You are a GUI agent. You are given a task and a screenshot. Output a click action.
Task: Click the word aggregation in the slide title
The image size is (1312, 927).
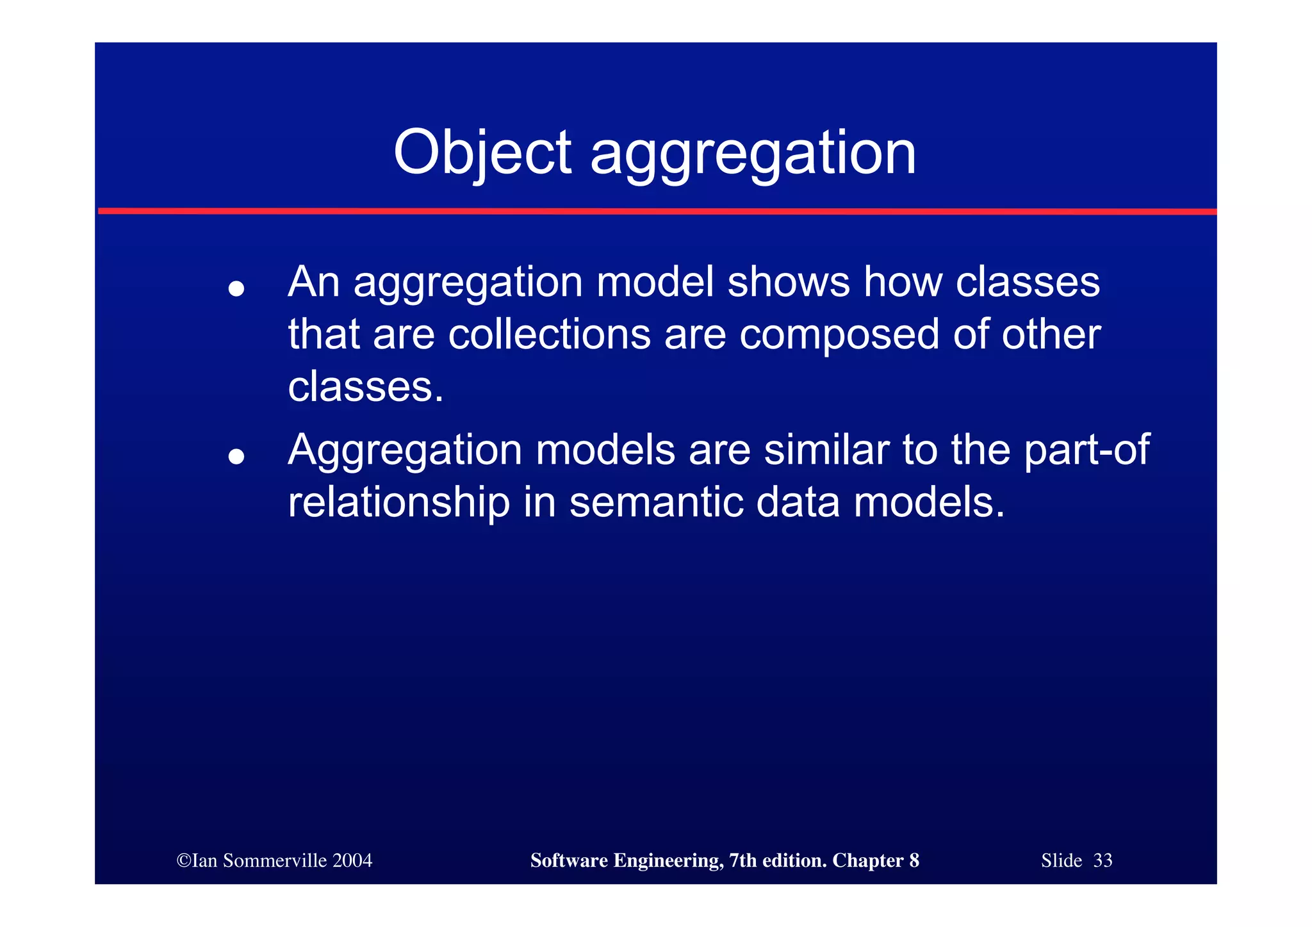click(x=753, y=154)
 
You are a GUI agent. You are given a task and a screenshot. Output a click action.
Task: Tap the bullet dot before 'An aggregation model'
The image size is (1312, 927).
click(x=236, y=289)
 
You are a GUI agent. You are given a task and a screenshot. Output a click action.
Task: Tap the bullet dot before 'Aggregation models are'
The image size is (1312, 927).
click(x=236, y=456)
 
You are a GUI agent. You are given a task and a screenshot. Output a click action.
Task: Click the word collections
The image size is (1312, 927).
click(x=549, y=334)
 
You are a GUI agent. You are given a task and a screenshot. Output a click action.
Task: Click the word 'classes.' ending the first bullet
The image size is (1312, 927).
click(x=366, y=387)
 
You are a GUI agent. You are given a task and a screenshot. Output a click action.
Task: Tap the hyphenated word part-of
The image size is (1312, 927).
click(x=1086, y=450)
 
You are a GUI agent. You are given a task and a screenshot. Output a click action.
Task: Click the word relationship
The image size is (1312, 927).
click(x=398, y=502)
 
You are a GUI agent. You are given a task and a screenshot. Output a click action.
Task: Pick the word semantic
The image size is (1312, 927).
click(x=656, y=502)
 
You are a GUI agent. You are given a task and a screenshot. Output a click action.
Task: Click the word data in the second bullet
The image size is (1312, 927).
click(x=798, y=502)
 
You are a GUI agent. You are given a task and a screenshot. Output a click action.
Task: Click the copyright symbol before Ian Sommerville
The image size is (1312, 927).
click(x=184, y=860)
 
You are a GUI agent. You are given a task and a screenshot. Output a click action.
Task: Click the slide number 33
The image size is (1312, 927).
click(x=1103, y=860)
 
